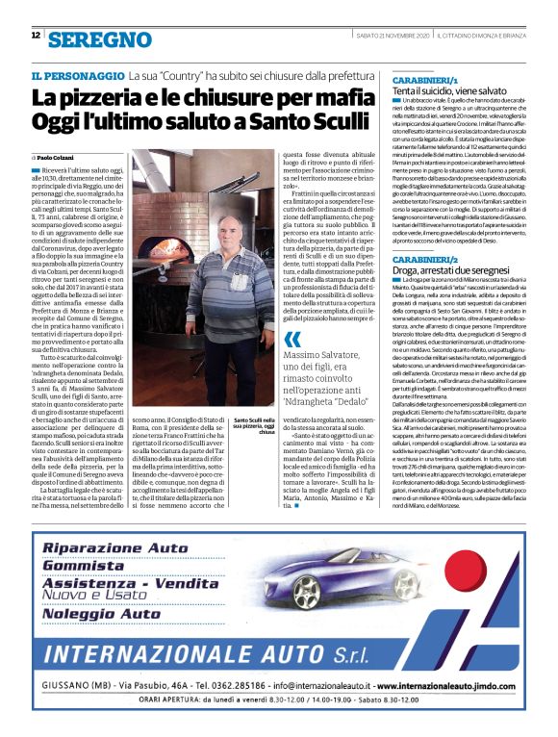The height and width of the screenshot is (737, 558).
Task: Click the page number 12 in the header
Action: coord(36,36)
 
